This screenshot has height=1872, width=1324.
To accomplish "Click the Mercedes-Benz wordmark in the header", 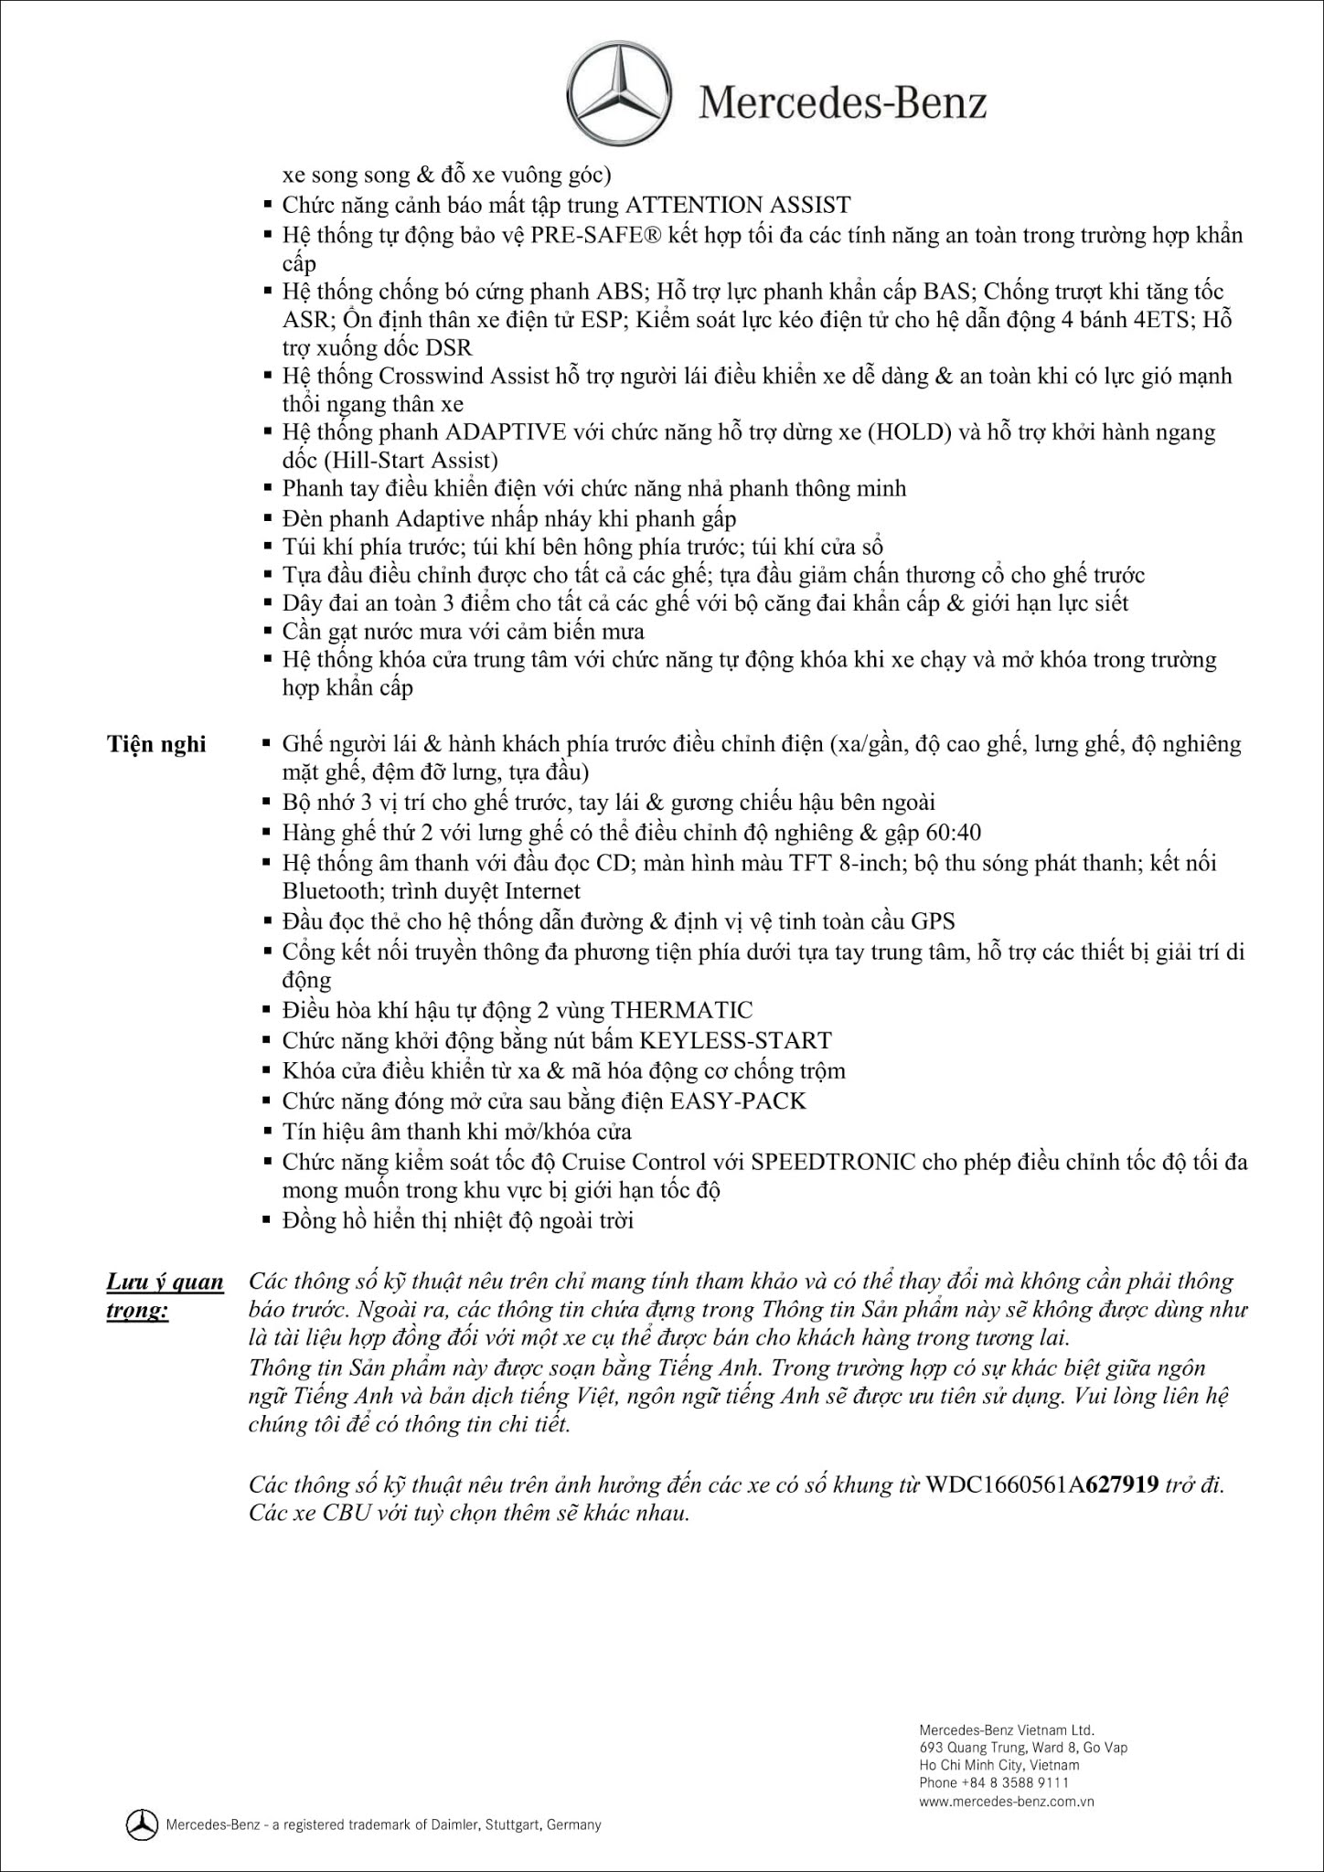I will click(x=843, y=103).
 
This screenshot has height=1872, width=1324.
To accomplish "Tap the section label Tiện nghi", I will click(x=156, y=744).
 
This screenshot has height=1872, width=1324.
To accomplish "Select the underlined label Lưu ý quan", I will click(x=165, y=1282).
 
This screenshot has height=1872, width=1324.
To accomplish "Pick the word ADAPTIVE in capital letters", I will click(x=506, y=431).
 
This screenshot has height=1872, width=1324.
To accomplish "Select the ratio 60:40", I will click(x=951, y=832).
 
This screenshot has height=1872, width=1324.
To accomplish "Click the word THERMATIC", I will click(x=681, y=1010).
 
